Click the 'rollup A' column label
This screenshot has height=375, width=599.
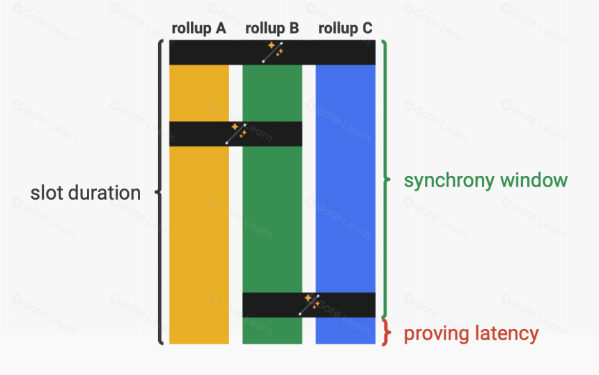pos(199,29)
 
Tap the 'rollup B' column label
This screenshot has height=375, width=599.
pos(272,29)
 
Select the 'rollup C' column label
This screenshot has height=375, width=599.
pos(345,29)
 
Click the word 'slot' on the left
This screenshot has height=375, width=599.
pos(46,193)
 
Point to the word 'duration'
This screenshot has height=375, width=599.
pos(104,193)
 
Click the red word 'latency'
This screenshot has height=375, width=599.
pos(502,334)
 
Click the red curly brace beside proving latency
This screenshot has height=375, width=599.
pos(387,333)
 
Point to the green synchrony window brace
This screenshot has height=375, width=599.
pos(387,179)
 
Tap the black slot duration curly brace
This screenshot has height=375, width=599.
pos(159,192)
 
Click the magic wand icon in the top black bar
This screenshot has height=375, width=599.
pos(273,52)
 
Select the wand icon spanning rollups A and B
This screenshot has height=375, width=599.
pos(236,134)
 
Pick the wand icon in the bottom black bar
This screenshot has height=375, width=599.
pos(309,305)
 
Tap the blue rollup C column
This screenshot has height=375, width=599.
pos(345,179)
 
